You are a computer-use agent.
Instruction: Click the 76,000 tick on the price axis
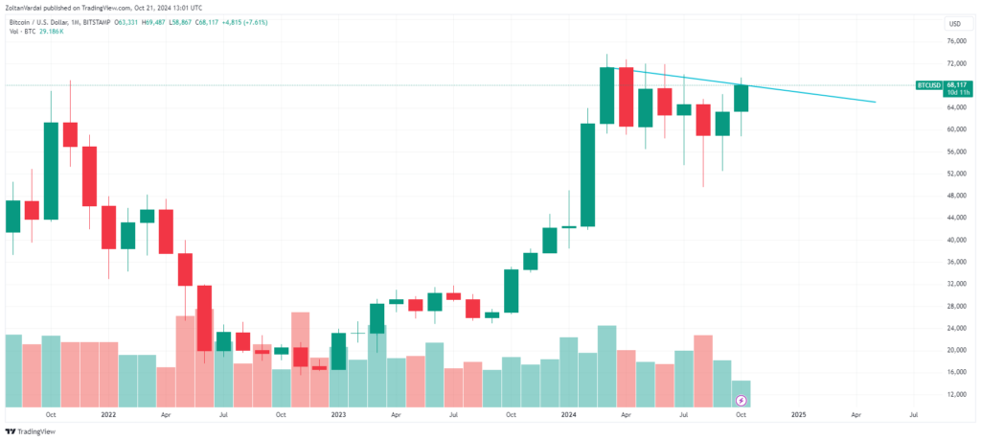click(954, 41)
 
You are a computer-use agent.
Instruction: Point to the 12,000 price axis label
click(954, 394)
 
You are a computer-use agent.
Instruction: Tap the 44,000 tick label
click(954, 218)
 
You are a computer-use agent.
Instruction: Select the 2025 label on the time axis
click(798, 415)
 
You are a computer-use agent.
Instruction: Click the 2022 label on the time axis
click(107, 415)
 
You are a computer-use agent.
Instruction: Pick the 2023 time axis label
click(337, 415)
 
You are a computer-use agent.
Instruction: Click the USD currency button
click(954, 23)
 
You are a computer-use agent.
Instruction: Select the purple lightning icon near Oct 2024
click(740, 400)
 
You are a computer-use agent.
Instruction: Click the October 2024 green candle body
click(741, 98)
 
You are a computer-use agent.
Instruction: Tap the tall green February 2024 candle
click(587, 174)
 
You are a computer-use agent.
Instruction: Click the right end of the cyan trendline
click(876, 102)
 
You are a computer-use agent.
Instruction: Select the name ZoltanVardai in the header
click(28, 7)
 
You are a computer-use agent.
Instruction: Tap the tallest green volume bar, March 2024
click(606, 367)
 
